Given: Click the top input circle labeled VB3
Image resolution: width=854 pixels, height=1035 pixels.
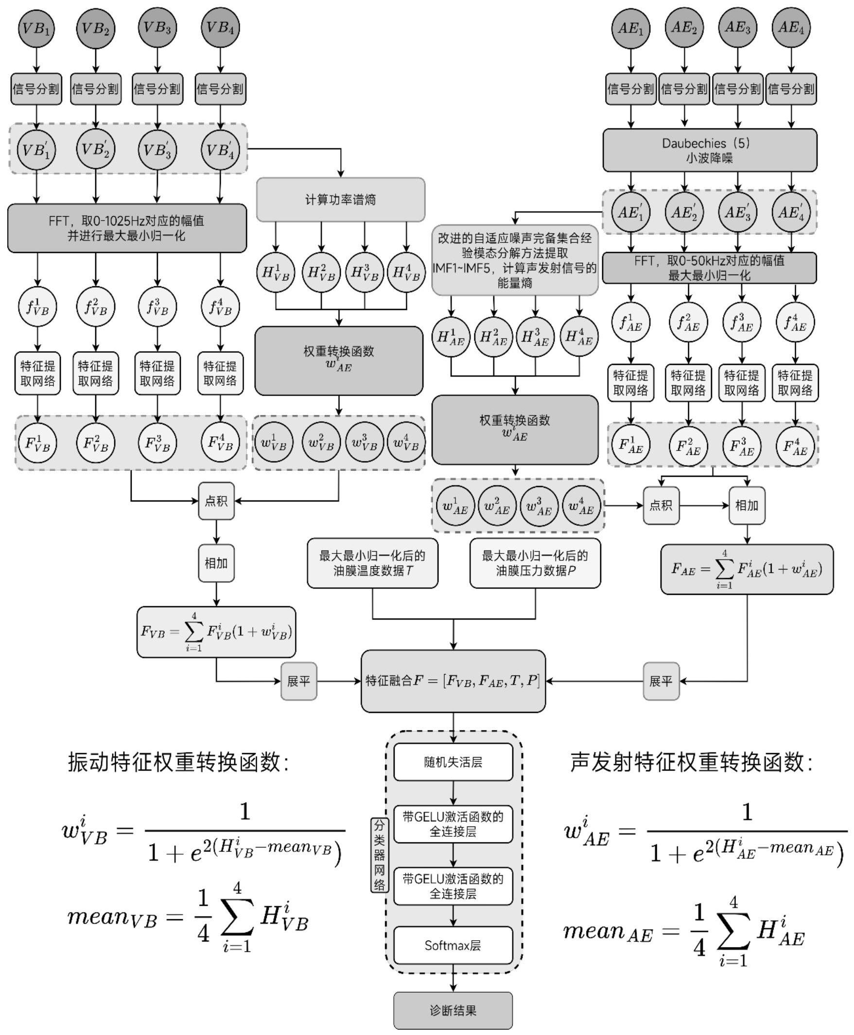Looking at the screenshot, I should (157, 28).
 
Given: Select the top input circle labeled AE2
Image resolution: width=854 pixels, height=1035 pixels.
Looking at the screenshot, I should (684, 28).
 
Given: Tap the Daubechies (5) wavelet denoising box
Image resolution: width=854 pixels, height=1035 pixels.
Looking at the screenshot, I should (709, 151).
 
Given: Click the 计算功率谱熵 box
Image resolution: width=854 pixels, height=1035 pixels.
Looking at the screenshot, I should (340, 200).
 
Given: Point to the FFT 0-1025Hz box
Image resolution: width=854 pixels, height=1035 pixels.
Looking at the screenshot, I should (127, 228).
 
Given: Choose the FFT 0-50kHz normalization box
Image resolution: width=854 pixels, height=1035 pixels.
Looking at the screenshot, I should (709, 268).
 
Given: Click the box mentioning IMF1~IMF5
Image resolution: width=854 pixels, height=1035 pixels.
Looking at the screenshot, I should (515, 260).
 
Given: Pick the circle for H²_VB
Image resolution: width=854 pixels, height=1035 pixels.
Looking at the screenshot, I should (321, 272).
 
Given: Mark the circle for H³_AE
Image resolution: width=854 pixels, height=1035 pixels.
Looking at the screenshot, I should (535, 337).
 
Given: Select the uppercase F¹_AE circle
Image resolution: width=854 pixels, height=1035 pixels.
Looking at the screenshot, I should (631, 445).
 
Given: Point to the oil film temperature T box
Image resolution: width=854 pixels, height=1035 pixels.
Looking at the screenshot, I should (372, 563).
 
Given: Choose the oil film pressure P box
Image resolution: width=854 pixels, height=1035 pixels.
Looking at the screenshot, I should (535, 563).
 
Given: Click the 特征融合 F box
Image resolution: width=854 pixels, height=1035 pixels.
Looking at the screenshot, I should (453, 681).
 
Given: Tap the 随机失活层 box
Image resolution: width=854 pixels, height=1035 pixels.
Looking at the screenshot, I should (453, 762).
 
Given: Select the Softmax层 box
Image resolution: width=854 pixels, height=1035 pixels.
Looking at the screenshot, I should (453, 945).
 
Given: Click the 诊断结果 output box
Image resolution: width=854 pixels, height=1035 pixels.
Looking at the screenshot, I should (453, 1010).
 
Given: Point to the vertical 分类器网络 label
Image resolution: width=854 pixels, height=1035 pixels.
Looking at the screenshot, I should (379, 855).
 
